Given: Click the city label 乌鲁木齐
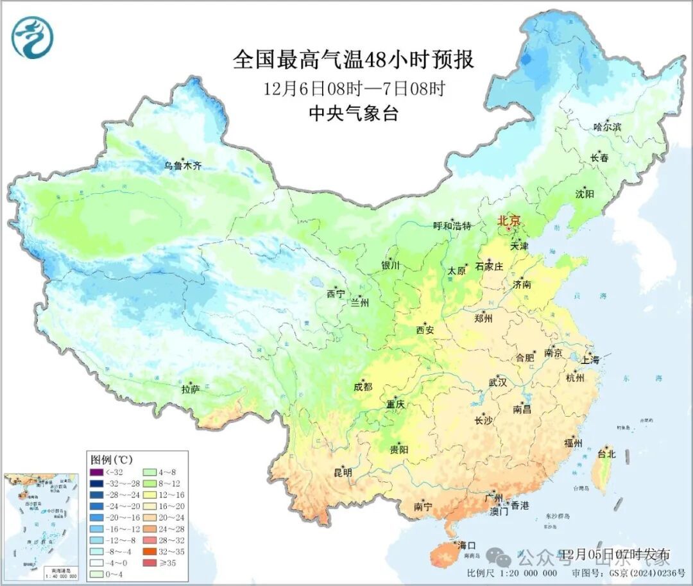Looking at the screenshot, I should pyautogui.click(x=183, y=166).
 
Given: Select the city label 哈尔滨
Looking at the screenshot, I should pyautogui.click(x=607, y=127).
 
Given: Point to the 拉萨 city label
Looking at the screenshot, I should pyautogui.click(x=191, y=389).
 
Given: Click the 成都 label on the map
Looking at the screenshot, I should pyautogui.click(x=362, y=386).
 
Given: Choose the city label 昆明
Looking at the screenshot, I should pyautogui.click(x=343, y=472).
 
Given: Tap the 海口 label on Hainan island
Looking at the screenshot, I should pyautogui.click(x=466, y=546).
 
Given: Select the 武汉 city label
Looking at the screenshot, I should pyautogui.click(x=498, y=382).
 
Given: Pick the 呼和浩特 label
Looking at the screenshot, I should pyautogui.click(x=452, y=226).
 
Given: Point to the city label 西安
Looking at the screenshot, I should pyautogui.click(x=425, y=330).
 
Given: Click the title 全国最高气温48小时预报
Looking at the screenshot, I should pyautogui.click(x=354, y=60).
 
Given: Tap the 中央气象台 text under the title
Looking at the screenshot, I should pyautogui.click(x=354, y=114).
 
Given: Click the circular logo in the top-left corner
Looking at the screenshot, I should pyautogui.click(x=32, y=37).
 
